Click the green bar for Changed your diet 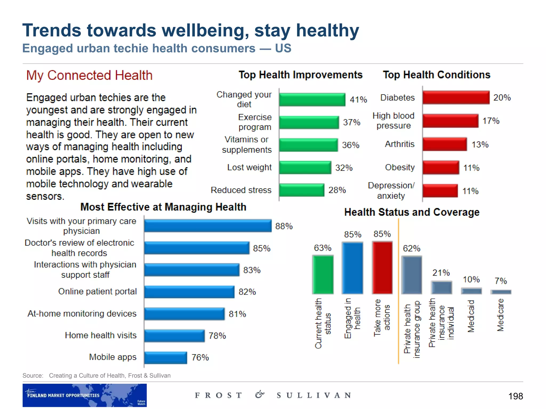[x=312, y=100]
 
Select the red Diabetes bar [x=456, y=97]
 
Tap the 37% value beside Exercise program [x=351, y=122]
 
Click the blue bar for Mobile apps [x=166, y=358]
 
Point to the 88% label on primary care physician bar [x=284, y=226]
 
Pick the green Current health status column [x=323, y=275]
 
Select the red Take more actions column [x=382, y=268]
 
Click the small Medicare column [x=501, y=292]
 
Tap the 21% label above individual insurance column [x=441, y=273]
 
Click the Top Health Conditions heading [x=436, y=75]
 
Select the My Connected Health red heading [x=89, y=75]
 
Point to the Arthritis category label [x=399, y=144]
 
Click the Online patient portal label [x=97, y=291]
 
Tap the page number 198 [x=515, y=396]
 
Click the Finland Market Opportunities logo [x=85, y=395]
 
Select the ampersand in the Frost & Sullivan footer [x=259, y=395]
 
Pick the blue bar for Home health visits [x=174, y=336]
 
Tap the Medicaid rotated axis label [x=471, y=316]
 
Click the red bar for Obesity [x=441, y=167]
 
